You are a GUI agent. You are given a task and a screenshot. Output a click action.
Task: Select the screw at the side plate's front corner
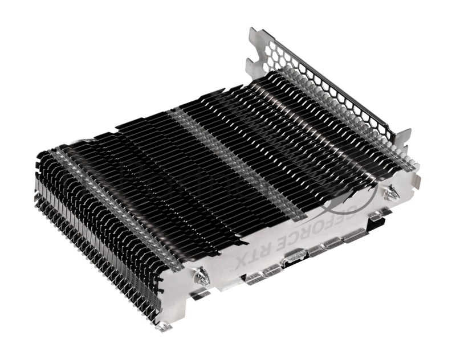201,277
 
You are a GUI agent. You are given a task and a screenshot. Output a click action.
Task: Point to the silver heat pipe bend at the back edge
85,140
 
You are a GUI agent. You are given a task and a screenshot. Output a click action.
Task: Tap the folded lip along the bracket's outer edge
342,74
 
